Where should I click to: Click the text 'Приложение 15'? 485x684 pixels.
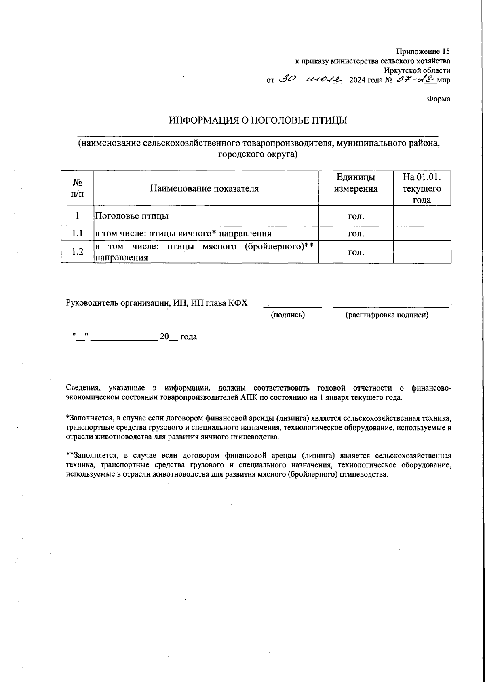click(x=423, y=51)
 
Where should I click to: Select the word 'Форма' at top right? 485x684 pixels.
click(x=439, y=99)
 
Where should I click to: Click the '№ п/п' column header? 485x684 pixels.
click(x=77, y=188)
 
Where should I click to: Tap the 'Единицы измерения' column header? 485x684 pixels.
click(x=356, y=183)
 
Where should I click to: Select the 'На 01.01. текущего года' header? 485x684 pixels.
click(x=422, y=188)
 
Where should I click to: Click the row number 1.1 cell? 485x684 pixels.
click(x=77, y=233)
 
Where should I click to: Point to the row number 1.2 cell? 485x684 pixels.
click(x=77, y=251)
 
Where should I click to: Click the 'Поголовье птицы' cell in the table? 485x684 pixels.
click(x=132, y=216)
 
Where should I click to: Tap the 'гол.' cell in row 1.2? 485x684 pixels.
click(x=356, y=252)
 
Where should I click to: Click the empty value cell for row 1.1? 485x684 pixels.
click(x=422, y=233)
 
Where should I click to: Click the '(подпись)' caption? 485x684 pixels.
click(x=288, y=315)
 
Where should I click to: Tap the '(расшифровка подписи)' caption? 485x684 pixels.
click(x=387, y=315)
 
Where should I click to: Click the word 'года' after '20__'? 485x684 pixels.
click(x=188, y=337)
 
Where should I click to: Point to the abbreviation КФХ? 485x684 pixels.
click(x=238, y=303)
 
